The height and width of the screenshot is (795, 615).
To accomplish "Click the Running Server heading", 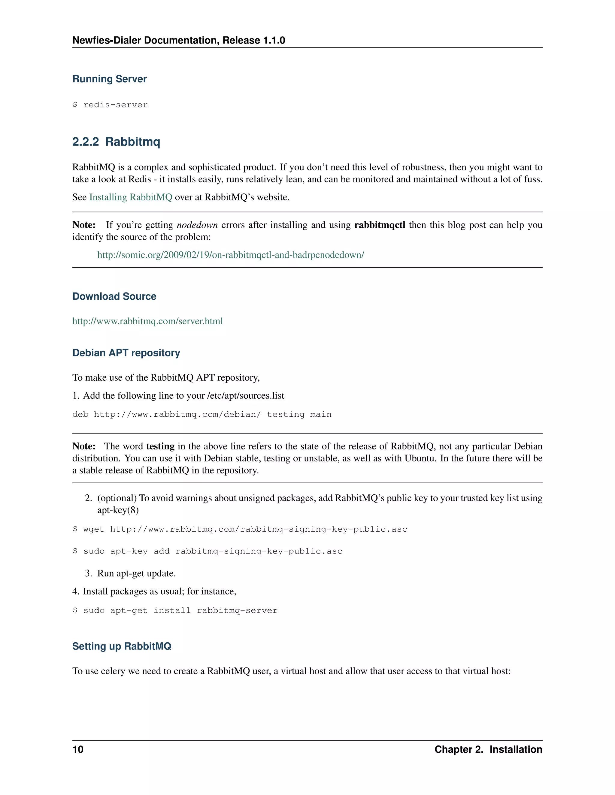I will pos(109,79).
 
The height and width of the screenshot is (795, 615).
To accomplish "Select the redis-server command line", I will pos(110,105).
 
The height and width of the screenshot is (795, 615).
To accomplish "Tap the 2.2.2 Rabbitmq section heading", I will pos(116,142).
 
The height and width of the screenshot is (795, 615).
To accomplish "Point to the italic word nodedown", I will pos(197,225).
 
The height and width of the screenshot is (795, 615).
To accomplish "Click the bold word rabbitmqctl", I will pos(379,225).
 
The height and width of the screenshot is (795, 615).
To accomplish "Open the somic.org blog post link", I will pos(230,255).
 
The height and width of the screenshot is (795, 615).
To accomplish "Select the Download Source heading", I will pos(114,296).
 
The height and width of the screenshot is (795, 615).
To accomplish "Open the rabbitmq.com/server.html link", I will pos(147,321).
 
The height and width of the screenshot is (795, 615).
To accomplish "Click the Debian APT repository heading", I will pos(126,353).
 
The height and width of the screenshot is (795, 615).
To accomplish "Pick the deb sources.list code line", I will pos(201,414).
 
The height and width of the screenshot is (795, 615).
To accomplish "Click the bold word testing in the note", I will pos(160,446).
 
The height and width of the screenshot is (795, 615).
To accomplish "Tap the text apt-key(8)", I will pos(118,510).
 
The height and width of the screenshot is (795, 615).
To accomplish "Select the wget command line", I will pos(239,529).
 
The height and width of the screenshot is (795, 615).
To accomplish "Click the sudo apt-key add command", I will pos(207,551).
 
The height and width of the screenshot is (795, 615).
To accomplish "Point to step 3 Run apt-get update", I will pos(136,573).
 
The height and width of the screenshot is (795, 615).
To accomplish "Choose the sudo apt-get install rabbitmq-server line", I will pos(174,610).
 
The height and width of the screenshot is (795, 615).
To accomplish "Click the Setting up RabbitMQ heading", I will pos(121,646).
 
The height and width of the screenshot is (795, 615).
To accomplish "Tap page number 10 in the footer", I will pos(78,749).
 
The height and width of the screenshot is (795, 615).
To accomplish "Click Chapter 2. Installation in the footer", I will pos(488,749).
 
